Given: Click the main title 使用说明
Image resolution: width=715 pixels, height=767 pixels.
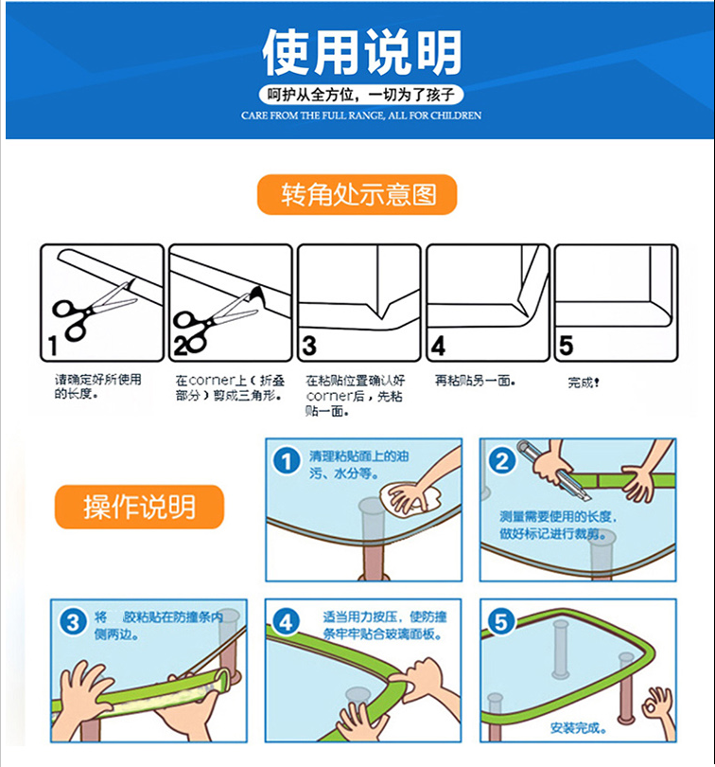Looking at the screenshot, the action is (x=361, y=52).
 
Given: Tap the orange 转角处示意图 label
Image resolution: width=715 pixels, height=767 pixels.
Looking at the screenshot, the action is (x=357, y=195).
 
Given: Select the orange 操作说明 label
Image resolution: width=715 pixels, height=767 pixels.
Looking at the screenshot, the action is (x=139, y=507).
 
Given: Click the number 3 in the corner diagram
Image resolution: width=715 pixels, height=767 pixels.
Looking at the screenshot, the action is (x=309, y=346).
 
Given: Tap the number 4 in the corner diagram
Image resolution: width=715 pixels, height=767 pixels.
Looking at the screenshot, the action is (x=438, y=346).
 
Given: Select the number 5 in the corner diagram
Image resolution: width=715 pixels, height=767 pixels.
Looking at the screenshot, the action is (x=566, y=346).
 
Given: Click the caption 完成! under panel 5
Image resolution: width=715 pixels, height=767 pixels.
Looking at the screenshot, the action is (x=584, y=382).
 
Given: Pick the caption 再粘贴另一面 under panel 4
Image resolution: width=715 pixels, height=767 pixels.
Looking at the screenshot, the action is (x=475, y=381).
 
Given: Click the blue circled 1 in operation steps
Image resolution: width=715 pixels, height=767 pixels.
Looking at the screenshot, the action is (x=287, y=461).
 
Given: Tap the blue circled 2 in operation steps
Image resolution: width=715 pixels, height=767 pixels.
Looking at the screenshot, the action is (x=502, y=461).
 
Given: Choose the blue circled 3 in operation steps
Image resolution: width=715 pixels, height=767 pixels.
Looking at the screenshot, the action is (x=73, y=623).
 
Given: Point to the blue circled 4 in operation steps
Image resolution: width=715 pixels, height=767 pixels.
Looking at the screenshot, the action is (x=286, y=623).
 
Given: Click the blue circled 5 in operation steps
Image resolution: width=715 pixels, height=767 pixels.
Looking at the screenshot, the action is (x=501, y=623).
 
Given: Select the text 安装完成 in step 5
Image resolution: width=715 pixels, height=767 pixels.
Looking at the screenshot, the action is (x=576, y=728).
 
